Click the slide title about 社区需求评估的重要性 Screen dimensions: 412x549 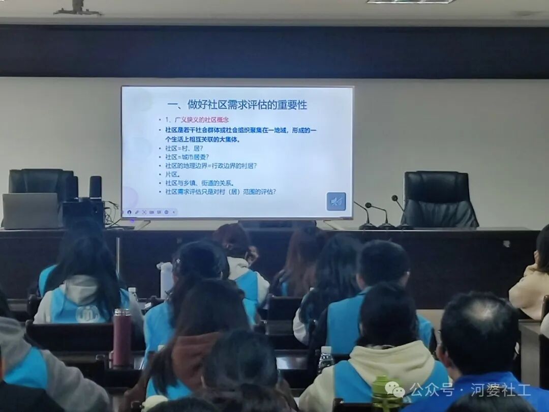(x=237, y=105)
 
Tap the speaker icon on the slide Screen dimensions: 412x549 (x=336, y=201)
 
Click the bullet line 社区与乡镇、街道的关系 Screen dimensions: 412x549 (x=199, y=183)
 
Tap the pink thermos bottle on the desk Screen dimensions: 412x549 (x=122, y=338)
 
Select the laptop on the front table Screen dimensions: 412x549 (x=30, y=211)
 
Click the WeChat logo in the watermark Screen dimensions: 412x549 (x=394, y=390)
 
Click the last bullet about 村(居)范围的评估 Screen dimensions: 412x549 (x=220, y=192)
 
